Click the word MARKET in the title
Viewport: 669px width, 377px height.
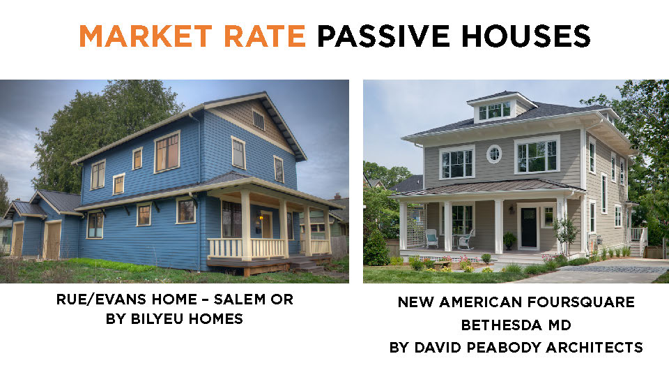pos(146,36)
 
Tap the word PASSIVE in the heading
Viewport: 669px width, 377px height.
pos(383,36)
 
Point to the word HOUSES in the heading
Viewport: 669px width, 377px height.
pos(526,36)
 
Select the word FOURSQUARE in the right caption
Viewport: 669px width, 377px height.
pos(580,302)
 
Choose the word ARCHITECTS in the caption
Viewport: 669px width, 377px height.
pos(594,347)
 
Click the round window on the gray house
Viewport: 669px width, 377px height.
pos(494,154)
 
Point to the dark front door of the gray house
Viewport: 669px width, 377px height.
pos(529,228)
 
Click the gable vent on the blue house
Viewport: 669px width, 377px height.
pos(258,119)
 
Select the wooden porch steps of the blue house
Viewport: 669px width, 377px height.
pos(307,266)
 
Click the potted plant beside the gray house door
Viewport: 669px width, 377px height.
pos(509,241)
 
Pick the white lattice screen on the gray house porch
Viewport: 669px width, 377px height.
pos(417,226)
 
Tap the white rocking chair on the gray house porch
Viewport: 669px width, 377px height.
pos(466,239)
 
